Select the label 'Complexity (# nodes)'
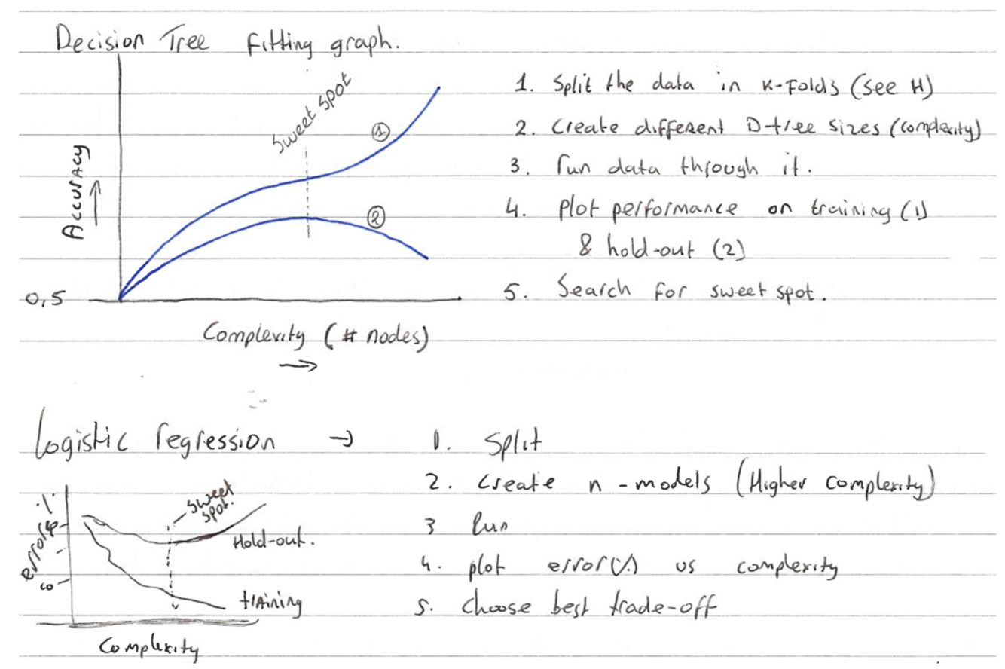pos(315,337)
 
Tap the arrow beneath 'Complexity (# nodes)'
pos(298,365)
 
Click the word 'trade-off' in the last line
pos(666,607)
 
